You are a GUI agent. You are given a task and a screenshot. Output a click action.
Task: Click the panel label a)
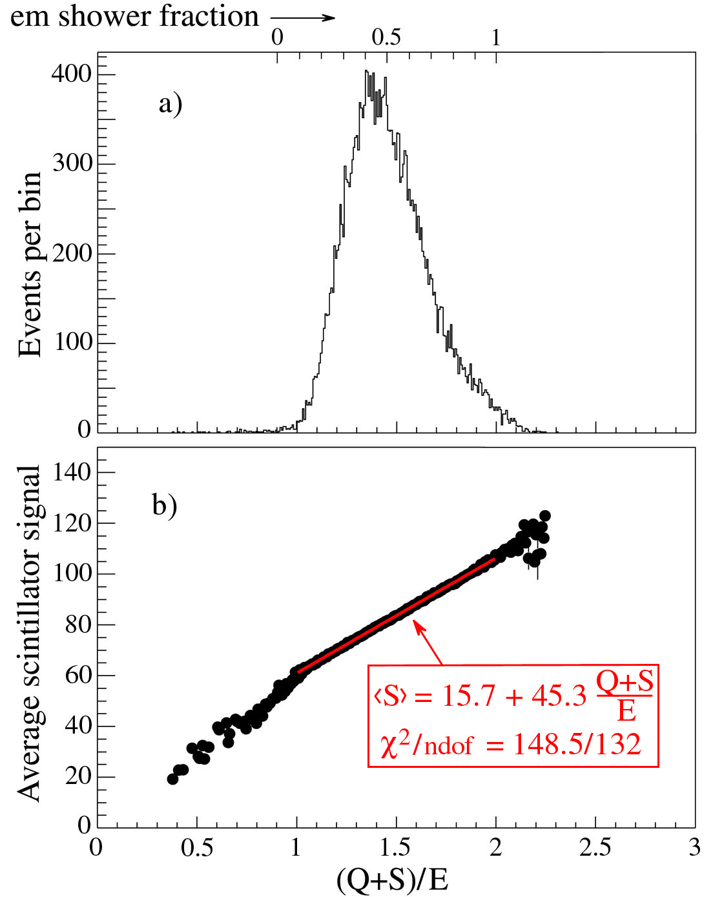point(170,104)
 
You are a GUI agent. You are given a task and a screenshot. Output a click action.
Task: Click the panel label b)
point(165,504)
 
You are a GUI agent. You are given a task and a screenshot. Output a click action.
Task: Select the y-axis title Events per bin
point(30,265)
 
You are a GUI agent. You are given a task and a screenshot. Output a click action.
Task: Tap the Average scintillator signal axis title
point(30,633)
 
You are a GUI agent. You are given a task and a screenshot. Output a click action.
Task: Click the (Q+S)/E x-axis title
point(393,879)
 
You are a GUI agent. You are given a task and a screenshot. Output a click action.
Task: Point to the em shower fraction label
point(134,17)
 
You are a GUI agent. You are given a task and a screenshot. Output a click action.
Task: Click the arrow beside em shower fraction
point(302,17)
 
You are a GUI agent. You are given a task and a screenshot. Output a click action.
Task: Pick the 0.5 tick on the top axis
point(386,37)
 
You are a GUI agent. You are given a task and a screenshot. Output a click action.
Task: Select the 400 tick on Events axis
point(72,74)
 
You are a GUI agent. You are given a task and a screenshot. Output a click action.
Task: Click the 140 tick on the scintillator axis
point(72,472)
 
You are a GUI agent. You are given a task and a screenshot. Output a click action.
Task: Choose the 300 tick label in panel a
point(72,163)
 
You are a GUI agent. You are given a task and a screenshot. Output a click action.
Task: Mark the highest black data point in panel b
point(544,515)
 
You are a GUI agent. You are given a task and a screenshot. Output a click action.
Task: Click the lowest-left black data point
point(172,779)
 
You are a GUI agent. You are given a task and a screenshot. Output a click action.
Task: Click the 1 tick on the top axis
point(496,37)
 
